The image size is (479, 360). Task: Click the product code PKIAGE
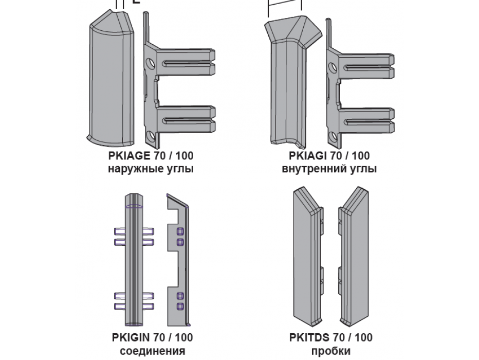129,156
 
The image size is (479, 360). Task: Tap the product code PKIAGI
308,156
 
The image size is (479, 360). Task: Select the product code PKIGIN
131,338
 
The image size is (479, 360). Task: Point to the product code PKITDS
309,338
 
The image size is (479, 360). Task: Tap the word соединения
153,351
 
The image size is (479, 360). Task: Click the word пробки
331,351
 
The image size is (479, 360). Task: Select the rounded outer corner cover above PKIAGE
110,79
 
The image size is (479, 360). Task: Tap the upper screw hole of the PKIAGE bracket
150,64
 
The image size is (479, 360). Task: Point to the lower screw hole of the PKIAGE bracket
150,136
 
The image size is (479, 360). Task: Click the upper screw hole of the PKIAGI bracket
333,67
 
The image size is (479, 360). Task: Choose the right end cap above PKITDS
354,257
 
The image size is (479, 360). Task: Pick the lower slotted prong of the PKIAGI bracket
366,121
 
